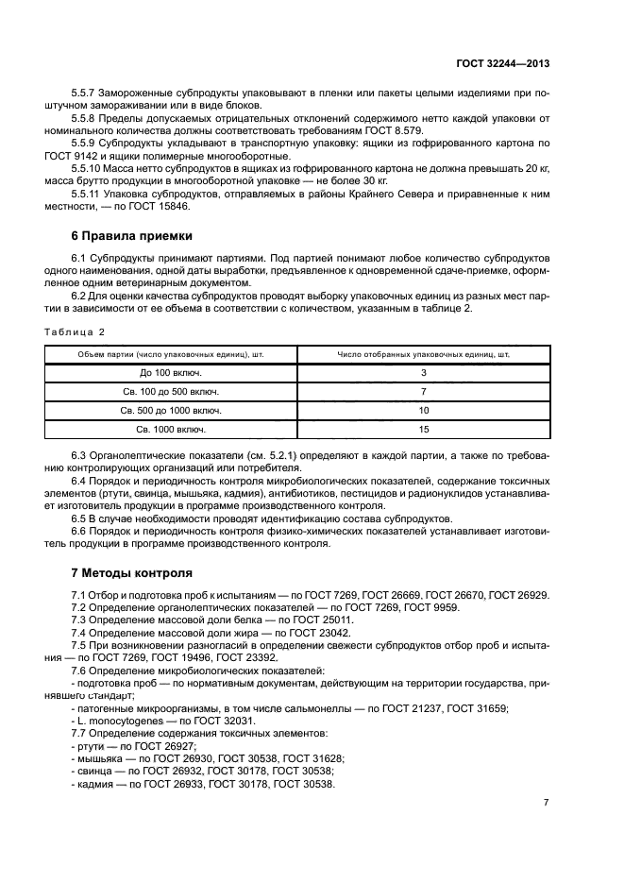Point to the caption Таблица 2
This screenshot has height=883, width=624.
pos(76,331)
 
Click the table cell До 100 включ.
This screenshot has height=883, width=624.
pos(171,373)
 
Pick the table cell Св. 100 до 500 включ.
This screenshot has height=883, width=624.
pos(171,392)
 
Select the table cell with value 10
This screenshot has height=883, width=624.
pos(424,411)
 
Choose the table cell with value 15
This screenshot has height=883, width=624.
pos(424,430)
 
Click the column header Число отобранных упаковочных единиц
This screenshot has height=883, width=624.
pos(424,354)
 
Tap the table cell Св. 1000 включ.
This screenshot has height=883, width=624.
pos(171,430)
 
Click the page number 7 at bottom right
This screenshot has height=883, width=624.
pos(547,803)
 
